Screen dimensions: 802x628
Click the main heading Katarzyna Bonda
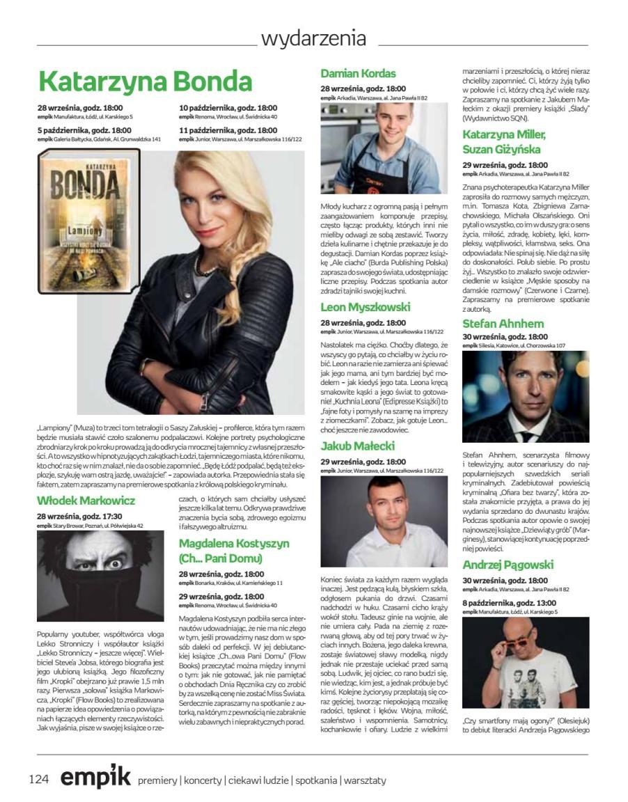pos(145,81)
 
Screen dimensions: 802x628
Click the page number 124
pos(39,779)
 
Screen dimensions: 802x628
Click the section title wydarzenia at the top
pos(313,38)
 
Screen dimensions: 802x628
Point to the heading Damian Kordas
pos(358,73)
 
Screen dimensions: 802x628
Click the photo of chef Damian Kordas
pos(384,148)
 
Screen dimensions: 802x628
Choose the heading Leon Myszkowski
pos(366,307)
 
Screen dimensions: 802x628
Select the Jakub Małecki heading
pos(358,446)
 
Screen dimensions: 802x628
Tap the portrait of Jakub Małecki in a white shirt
pos(384,521)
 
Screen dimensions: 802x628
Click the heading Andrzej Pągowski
pos(508,565)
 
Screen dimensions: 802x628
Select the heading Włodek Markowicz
pos(86,500)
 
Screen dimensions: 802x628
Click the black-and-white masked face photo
pos(100,576)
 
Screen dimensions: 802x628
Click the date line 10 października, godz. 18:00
pos(228,108)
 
